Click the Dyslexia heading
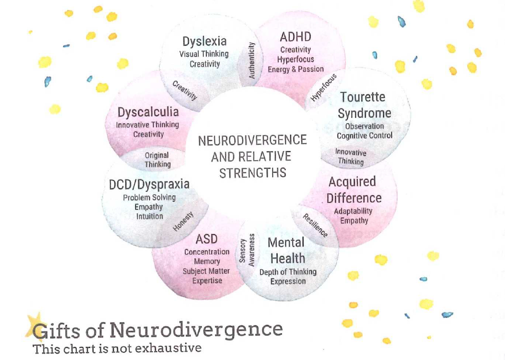tap(204, 41)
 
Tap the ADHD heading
tap(295, 37)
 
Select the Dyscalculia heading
tap(148, 111)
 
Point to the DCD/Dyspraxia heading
tap(149, 184)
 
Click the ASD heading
tap(206, 238)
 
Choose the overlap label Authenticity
tap(252, 61)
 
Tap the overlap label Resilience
tap(315, 225)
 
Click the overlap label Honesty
tap(183, 221)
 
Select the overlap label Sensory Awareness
tap(247, 249)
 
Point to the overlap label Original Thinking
tap(157, 160)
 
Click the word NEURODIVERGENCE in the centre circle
tap(252, 140)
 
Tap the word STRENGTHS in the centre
tap(252, 173)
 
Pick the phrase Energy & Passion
tap(295, 69)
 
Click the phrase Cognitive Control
tap(364, 136)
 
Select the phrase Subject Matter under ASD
tap(206, 271)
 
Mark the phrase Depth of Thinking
tap(288, 272)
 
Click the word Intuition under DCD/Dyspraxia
tap(149, 216)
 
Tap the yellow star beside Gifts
tap(34, 325)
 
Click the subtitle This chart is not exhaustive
tap(116, 347)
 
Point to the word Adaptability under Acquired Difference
tap(353, 211)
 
